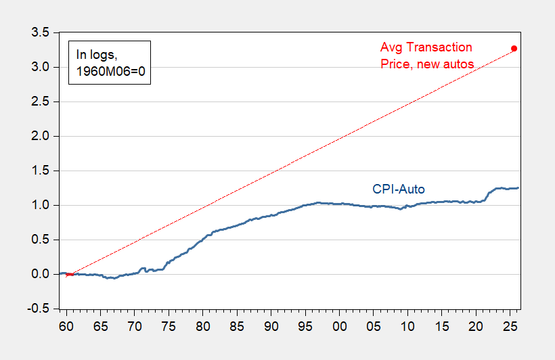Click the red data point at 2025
coord(514,49)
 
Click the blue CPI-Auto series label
coord(399,189)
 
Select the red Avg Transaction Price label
coord(426,55)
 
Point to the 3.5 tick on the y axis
coord(41,32)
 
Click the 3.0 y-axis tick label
coord(41,67)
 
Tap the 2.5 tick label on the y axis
coord(41,102)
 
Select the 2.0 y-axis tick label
coord(41,136)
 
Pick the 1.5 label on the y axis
coord(41,171)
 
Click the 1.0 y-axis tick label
coord(41,205)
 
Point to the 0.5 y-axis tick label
coord(41,240)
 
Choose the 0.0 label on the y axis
coord(41,274)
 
